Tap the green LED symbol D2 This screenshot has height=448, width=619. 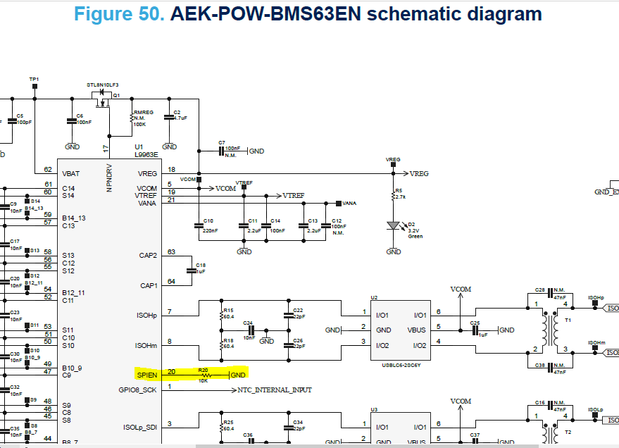(394, 226)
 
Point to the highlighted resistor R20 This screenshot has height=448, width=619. (205, 375)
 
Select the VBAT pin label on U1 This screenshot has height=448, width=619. (71, 173)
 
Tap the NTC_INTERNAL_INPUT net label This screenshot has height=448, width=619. (275, 390)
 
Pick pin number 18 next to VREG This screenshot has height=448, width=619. (170, 169)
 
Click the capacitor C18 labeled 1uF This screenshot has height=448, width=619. (192, 270)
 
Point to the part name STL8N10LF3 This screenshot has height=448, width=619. (103, 85)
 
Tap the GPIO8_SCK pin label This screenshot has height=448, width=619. (138, 390)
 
